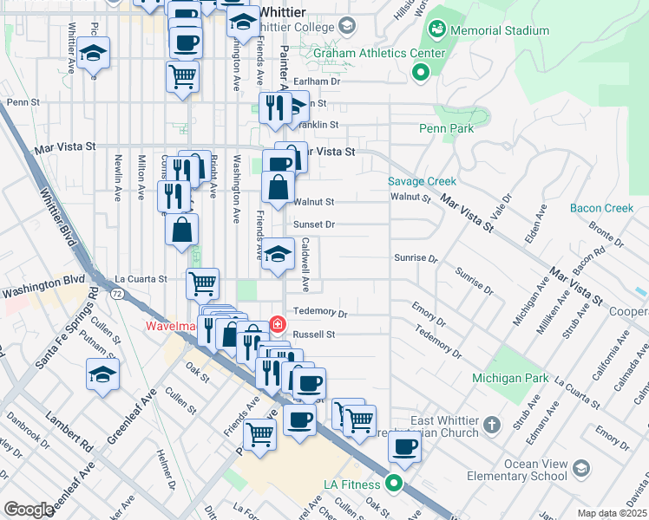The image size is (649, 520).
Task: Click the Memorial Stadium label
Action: [x=500, y=30]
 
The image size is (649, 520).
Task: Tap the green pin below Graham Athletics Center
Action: [x=421, y=73]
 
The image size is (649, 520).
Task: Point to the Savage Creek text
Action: [x=422, y=182]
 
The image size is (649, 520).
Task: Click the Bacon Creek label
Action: [x=602, y=208]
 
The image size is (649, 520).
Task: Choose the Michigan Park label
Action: [x=508, y=378]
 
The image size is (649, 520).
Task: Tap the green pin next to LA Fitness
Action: [x=396, y=483]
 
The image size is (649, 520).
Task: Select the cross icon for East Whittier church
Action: [x=492, y=425]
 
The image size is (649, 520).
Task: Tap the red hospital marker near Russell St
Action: [x=277, y=325]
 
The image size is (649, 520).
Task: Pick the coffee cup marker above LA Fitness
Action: [x=403, y=447]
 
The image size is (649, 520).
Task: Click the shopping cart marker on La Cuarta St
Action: [x=202, y=283]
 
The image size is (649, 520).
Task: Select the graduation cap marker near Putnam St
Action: [x=102, y=375]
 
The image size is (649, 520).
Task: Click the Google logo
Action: [x=29, y=509]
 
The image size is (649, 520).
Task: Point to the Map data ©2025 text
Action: [x=612, y=513]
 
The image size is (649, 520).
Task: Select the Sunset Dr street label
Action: [x=313, y=224]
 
